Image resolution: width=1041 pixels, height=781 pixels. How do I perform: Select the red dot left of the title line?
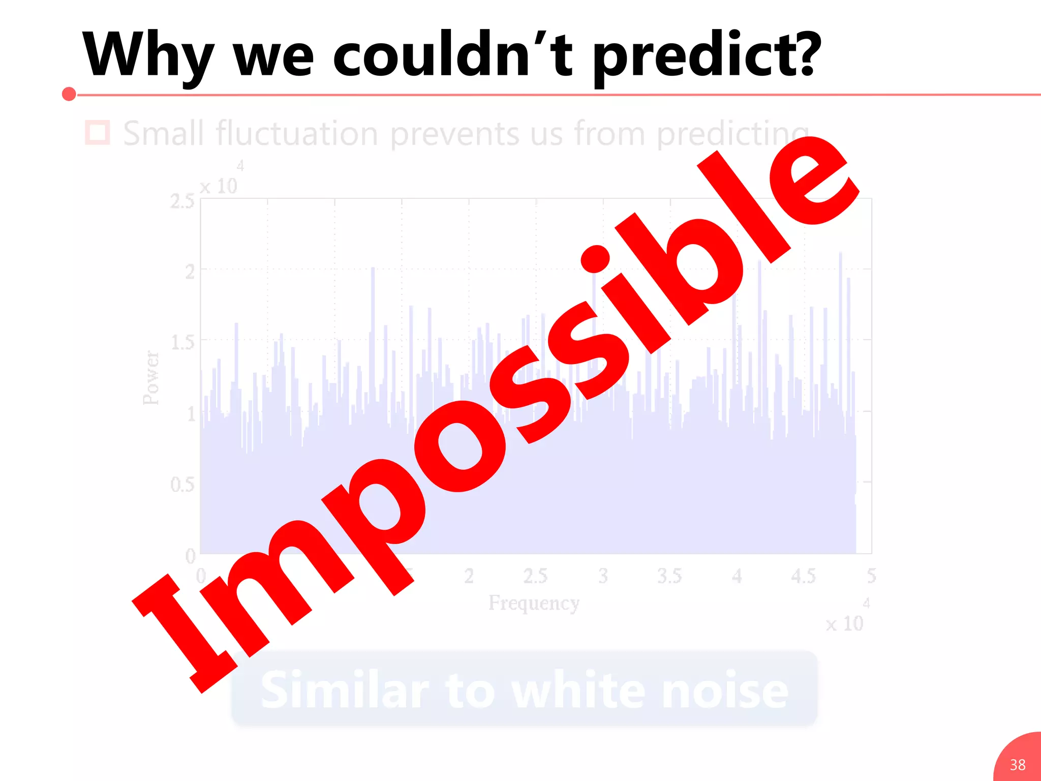click(69, 94)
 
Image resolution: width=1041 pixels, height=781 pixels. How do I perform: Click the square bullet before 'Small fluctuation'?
click(97, 133)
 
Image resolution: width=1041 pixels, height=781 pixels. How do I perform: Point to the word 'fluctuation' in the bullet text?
click(297, 134)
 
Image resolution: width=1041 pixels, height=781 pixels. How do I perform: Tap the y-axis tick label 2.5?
click(182, 202)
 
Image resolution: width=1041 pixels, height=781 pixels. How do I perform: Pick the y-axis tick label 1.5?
click(182, 343)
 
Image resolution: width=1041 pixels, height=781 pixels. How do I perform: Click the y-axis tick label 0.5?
click(182, 485)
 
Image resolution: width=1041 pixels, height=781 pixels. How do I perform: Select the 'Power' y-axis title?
click(151, 378)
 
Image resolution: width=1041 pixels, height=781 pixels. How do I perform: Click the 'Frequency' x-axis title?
click(534, 603)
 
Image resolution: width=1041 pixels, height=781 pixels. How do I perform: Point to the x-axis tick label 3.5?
click(669, 576)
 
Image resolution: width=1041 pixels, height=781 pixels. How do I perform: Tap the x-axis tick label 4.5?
click(804, 576)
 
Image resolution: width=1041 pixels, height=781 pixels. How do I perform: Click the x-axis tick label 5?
click(871, 576)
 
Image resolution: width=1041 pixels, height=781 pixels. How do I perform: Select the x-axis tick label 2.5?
click(535, 576)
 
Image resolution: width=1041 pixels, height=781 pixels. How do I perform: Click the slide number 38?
click(1018, 765)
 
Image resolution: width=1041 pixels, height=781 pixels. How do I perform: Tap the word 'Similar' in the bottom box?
click(345, 690)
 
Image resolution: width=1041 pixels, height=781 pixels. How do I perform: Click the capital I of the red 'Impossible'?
click(186, 633)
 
